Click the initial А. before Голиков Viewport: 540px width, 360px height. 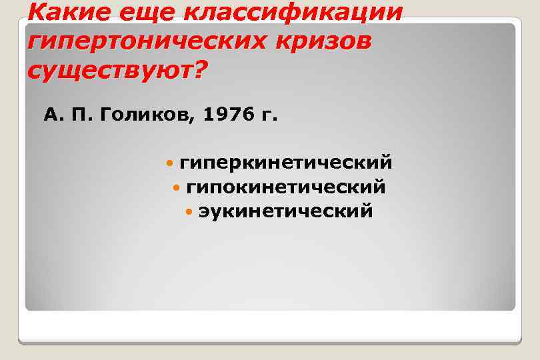coord(52,115)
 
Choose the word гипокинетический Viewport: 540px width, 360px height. coord(286,188)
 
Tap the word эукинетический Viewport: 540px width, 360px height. coord(286,211)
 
